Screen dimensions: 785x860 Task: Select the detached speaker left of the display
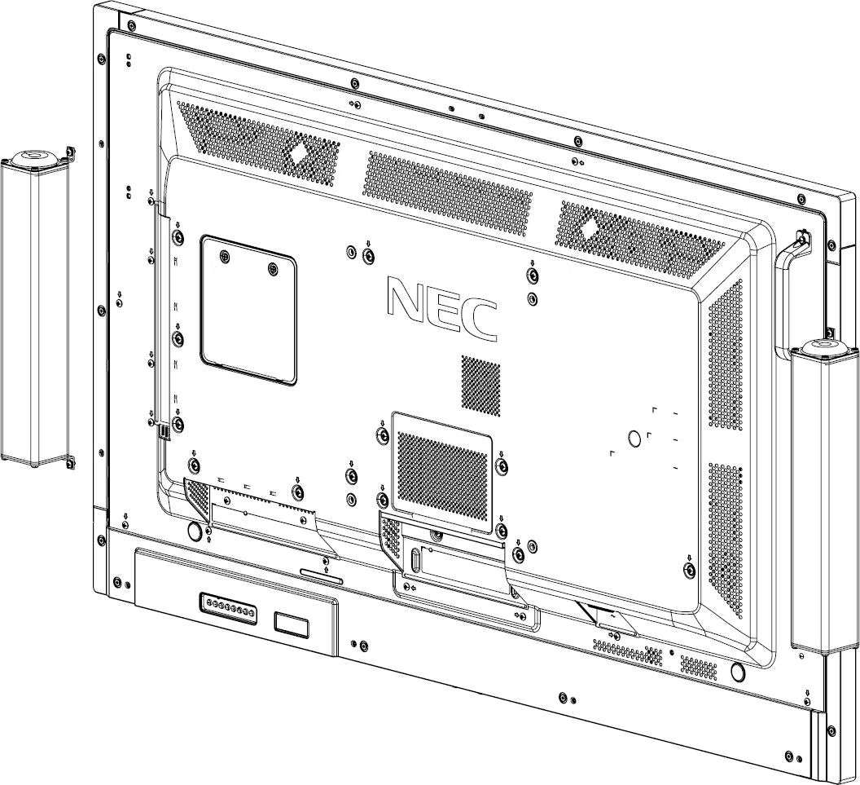point(34,310)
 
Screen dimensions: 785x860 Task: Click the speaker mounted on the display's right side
point(822,497)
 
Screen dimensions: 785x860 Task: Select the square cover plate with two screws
point(248,310)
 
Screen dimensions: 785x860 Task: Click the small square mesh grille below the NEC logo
point(480,383)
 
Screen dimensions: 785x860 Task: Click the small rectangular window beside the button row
point(291,624)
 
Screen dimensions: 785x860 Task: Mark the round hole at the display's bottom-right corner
point(738,673)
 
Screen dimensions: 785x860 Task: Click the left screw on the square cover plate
point(225,255)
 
